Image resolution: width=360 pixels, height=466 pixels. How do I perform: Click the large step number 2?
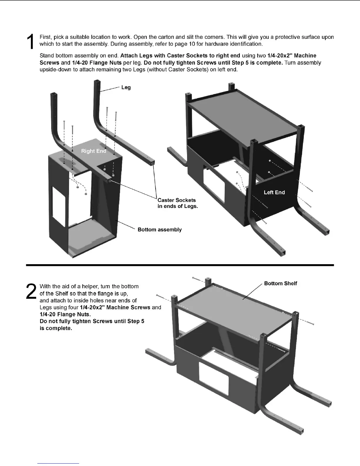[31, 292]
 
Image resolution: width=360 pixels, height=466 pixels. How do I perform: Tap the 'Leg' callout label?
[126, 87]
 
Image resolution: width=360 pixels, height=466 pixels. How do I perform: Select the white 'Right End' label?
[94, 151]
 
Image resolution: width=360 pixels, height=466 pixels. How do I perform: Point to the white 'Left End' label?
[274, 192]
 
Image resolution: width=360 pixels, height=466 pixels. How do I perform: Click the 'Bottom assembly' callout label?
[159, 229]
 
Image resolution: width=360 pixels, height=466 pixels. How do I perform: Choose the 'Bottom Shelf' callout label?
[280, 283]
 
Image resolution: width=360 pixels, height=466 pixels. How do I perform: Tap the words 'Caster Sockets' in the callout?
[176, 200]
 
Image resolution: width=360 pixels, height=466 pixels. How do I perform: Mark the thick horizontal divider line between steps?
[180, 265]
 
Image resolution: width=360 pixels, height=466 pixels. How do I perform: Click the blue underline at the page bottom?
[58, 463]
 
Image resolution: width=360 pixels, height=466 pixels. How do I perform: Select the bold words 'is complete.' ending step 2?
[56, 328]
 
